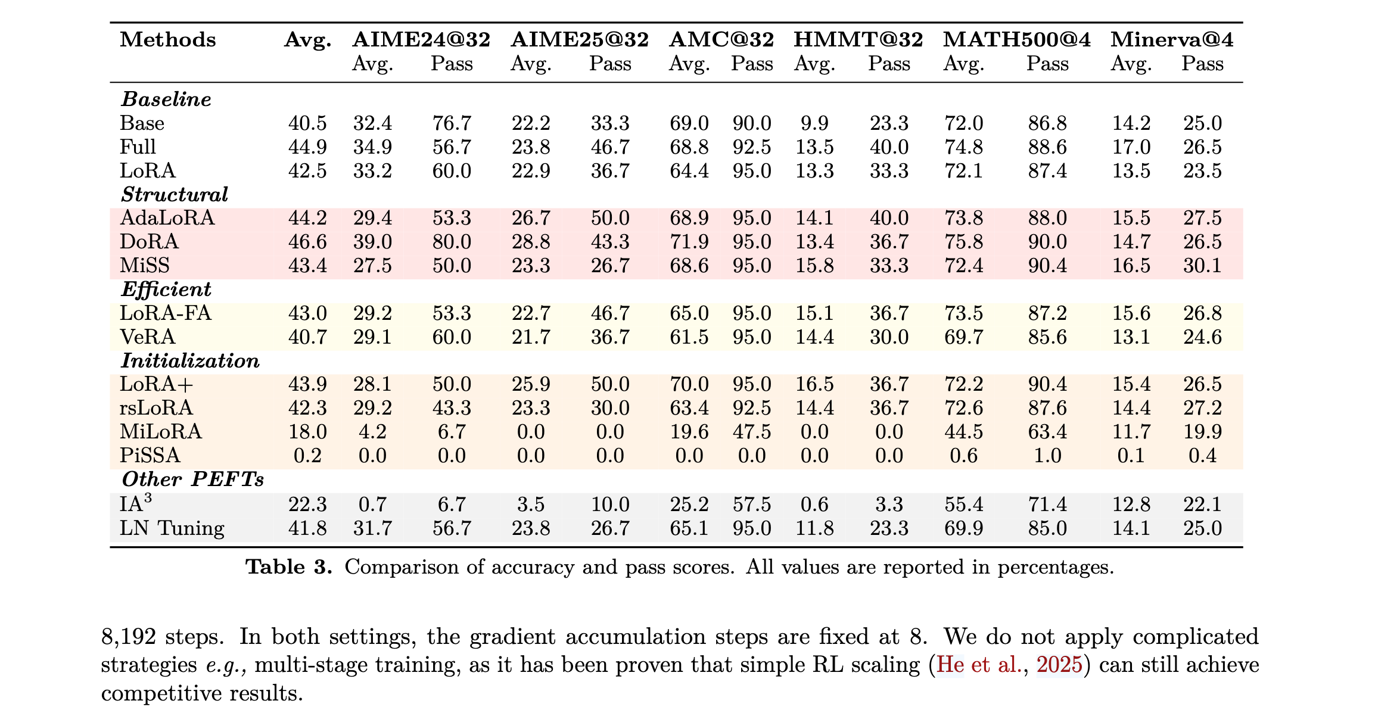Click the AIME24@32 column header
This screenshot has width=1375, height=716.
[x=421, y=39]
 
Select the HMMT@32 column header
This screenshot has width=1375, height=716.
[x=858, y=39]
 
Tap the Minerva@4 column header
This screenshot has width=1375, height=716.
[x=1171, y=39]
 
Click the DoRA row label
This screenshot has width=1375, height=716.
[x=149, y=242]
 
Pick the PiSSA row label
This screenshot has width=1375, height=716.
[x=150, y=456]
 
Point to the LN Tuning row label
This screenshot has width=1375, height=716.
[x=172, y=528]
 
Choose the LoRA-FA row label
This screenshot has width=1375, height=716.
[x=166, y=313]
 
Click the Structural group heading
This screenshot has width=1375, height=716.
[x=175, y=195]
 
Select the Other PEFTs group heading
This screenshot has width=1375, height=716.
[x=193, y=480]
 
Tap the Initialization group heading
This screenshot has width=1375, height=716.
[x=191, y=361]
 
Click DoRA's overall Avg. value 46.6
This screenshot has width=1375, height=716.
[x=307, y=242]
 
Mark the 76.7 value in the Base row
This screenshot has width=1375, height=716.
[x=452, y=123]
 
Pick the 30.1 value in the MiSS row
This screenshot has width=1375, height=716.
[x=1202, y=266]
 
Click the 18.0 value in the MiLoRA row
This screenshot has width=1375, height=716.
[x=307, y=432]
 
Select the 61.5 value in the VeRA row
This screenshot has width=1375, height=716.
[x=689, y=337]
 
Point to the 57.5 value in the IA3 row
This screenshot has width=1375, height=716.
[x=752, y=505]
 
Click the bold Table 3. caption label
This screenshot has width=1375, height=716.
[x=289, y=566]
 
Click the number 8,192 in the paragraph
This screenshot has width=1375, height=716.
[x=128, y=637]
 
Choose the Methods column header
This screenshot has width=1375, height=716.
[x=168, y=39]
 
